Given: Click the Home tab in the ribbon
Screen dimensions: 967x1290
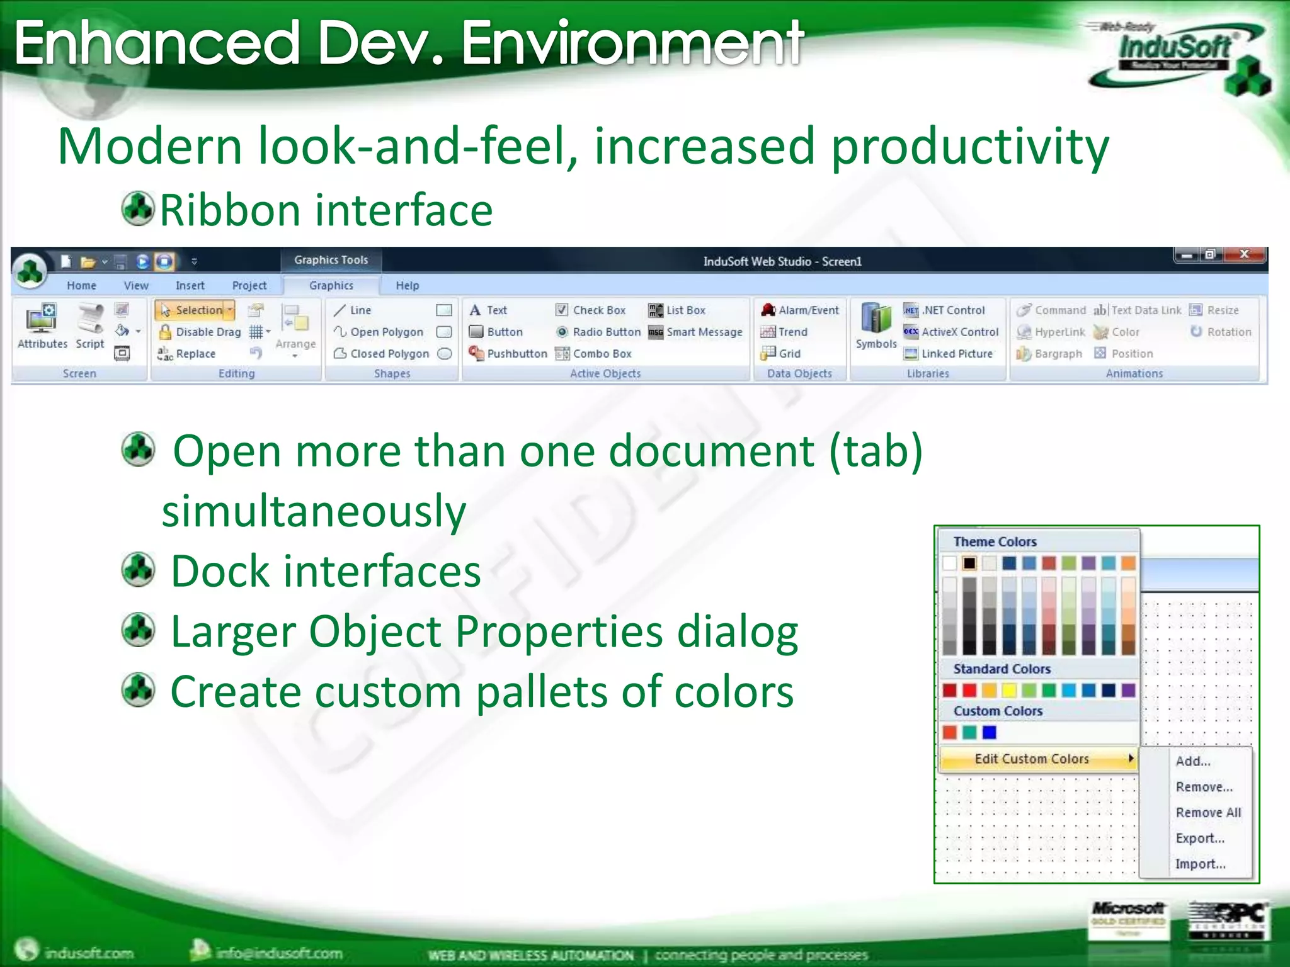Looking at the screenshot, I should (82, 285).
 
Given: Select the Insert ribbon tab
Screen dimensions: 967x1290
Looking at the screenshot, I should (190, 285).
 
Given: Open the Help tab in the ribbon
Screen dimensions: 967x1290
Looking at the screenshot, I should (407, 285).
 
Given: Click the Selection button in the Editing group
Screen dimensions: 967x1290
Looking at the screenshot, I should (195, 310).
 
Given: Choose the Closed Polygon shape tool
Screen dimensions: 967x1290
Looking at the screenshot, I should (382, 353).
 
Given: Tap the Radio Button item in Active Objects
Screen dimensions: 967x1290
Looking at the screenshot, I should (598, 332).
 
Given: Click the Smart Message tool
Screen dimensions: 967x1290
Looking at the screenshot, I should (696, 332).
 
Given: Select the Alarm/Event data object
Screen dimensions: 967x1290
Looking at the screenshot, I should (801, 310).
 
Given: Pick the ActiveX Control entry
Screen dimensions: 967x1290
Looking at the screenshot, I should (952, 332).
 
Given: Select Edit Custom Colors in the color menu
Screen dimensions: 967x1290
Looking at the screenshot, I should (1032, 759).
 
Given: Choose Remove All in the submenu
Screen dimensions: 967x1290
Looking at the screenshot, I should (1207, 812).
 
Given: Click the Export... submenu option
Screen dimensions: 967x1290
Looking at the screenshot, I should (1200, 838).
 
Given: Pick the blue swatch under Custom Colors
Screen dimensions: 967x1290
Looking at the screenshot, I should (990, 732).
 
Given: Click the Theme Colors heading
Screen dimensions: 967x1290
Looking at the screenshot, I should (995, 541).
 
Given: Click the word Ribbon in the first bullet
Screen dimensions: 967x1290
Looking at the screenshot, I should (229, 210).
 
